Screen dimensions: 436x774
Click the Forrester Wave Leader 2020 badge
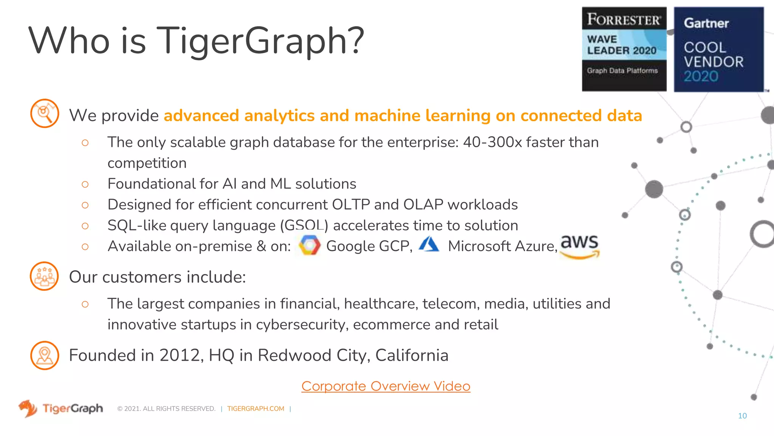[x=624, y=49]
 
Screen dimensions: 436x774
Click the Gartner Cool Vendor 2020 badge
[x=718, y=49]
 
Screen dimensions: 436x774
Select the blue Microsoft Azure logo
[x=429, y=244]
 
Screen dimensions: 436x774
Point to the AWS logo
[x=579, y=246]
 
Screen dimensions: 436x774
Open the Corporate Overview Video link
[x=385, y=386]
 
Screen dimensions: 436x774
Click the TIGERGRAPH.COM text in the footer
[x=255, y=409]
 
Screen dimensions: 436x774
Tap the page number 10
[x=742, y=416]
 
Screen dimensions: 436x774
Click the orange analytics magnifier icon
[x=45, y=113]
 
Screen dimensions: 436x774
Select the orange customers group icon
[x=44, y=276]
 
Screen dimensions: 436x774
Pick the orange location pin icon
[x=45, y=355]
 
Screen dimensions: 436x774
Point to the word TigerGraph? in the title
[x=260, y=41]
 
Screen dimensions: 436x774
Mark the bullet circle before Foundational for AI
[x=85, y=184]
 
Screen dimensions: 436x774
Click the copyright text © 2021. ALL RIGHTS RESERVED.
[x=166, y=409]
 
